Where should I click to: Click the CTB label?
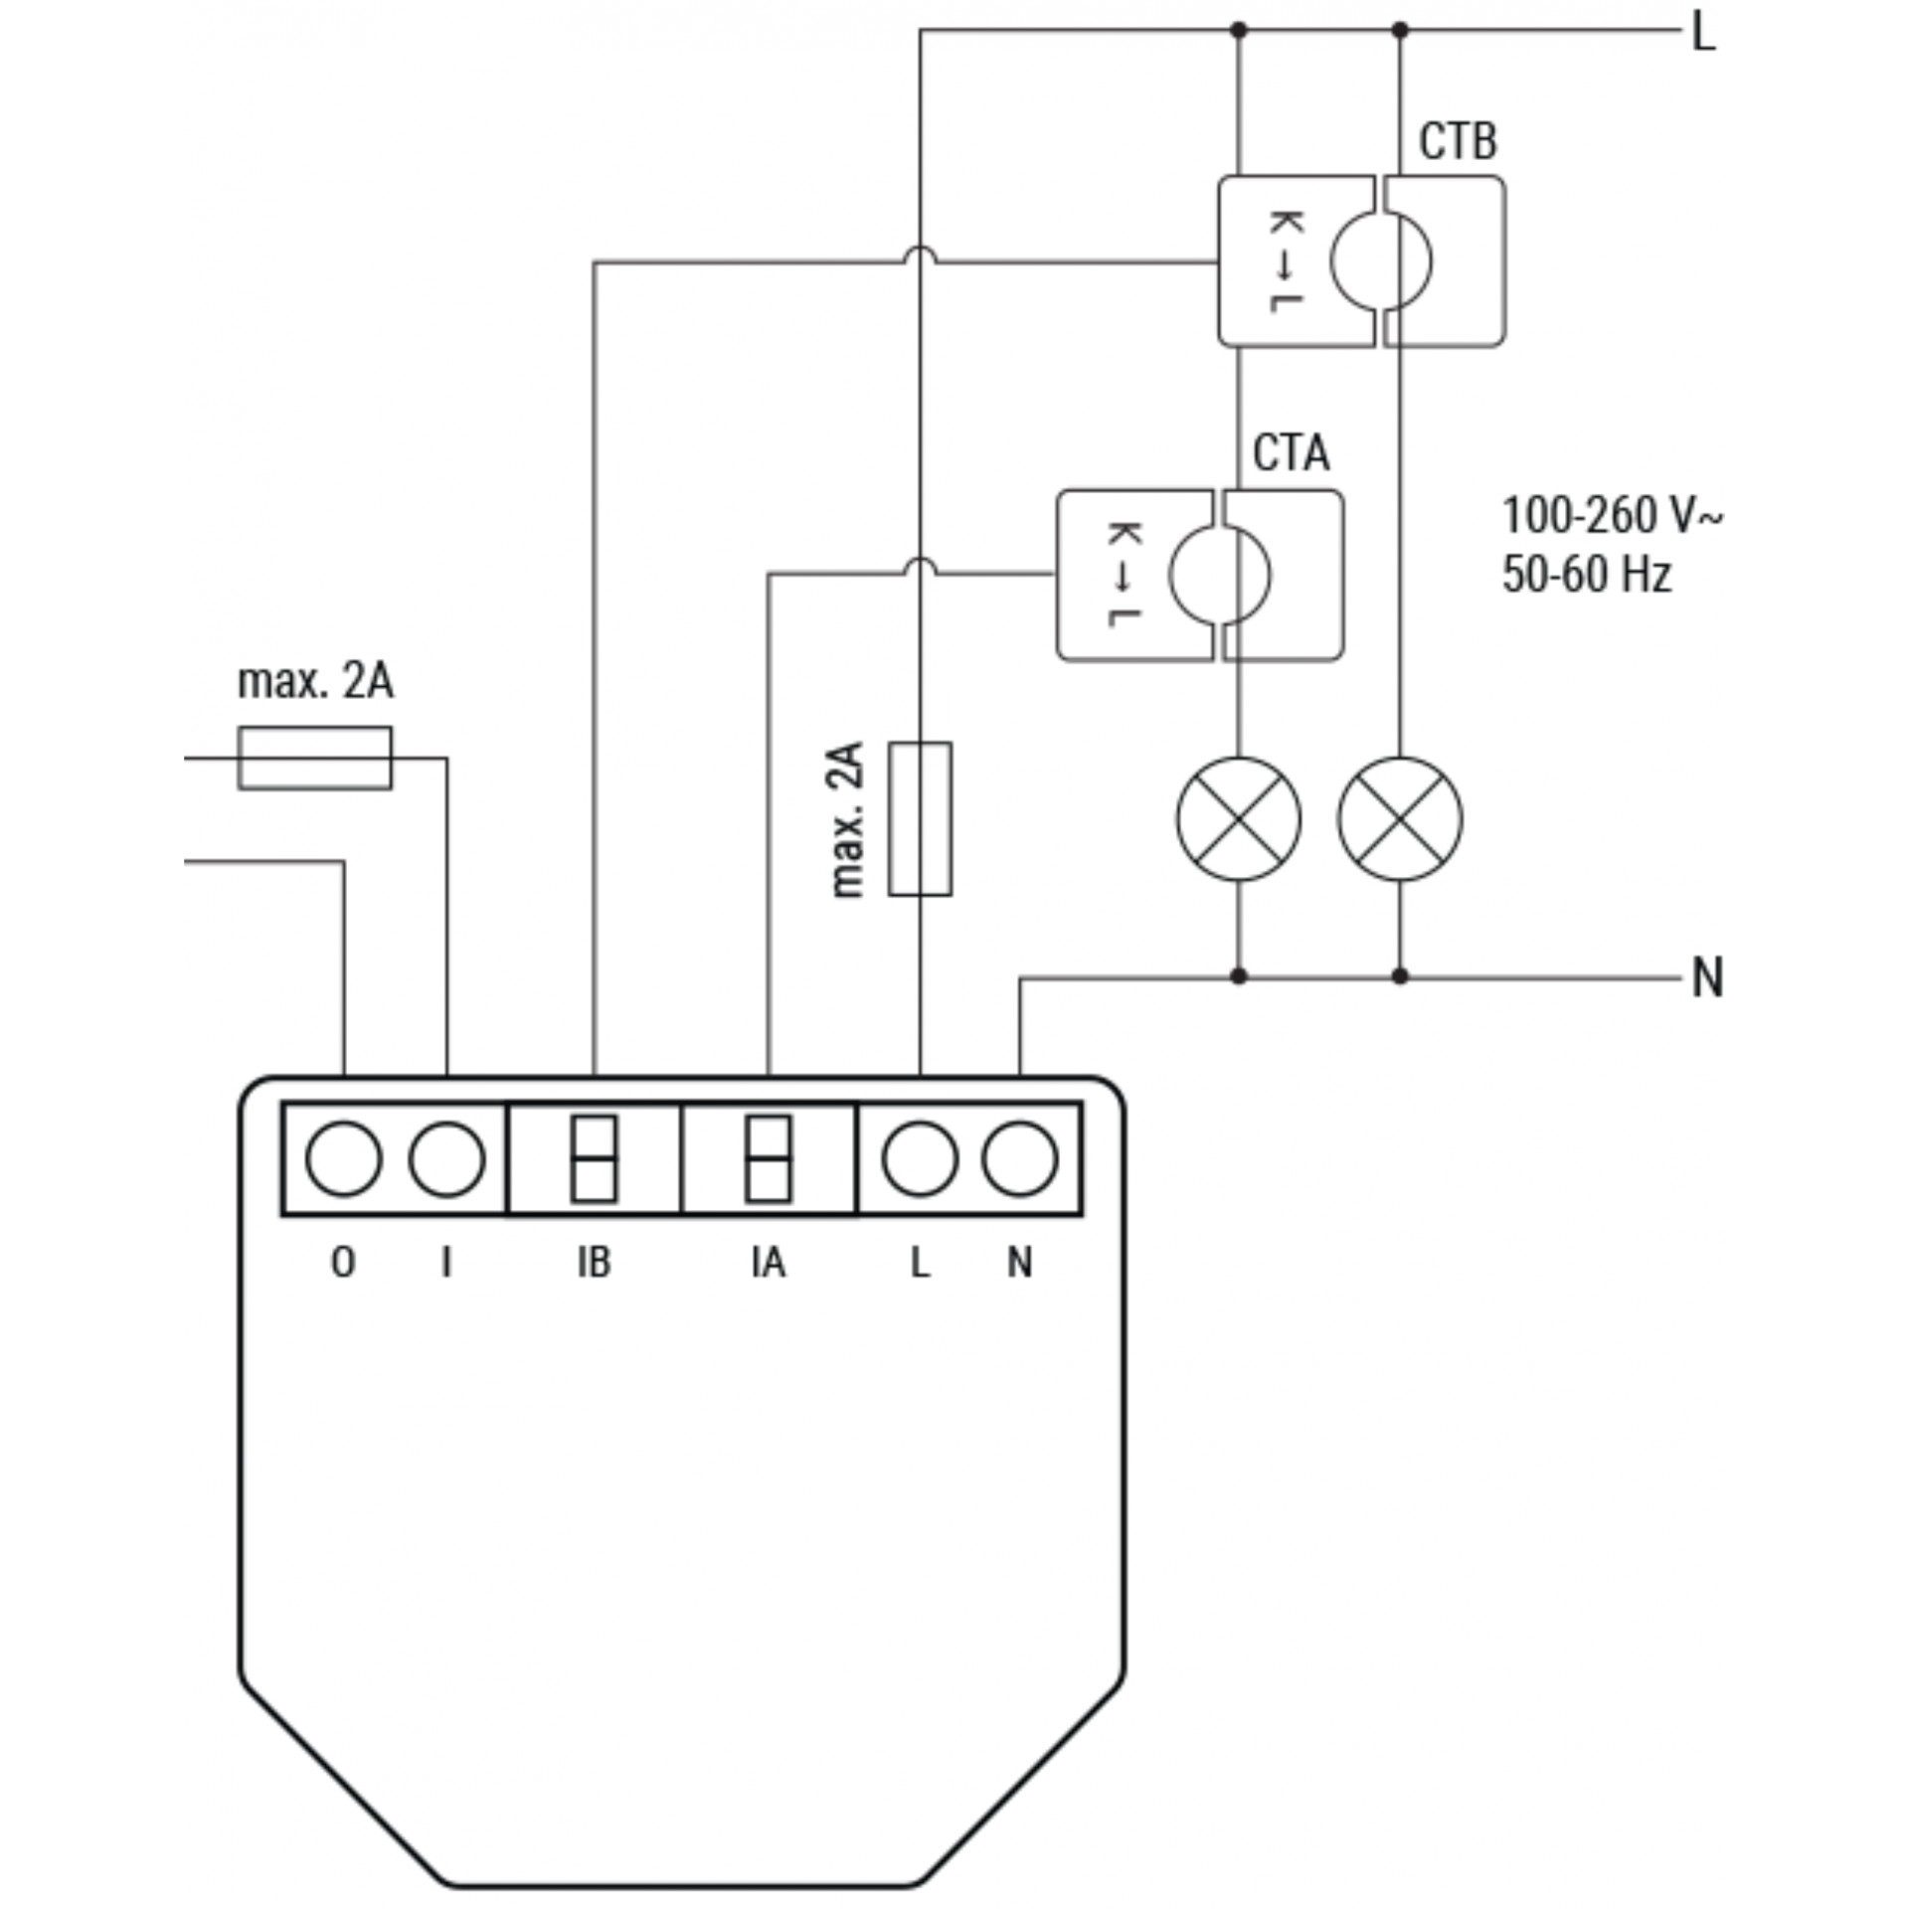coord(1457,142)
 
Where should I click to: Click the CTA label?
coord(1291,454)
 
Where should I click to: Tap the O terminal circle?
coord(343,1158)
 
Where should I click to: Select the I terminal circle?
coord(446,1158)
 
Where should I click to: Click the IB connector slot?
coord(595,1158)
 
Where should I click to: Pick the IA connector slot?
coord(769,1158)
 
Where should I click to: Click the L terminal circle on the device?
coord(920,1158)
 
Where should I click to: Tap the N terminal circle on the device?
coord(1020,1158)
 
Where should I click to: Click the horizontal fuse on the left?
coord(314,759)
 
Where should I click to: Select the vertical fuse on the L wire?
coord(920,818)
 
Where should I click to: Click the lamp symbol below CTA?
coord(1238,818)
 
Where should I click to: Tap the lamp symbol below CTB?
coord(1400,818)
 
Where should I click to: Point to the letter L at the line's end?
coord(1704,34)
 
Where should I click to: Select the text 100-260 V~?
coord(1612,516)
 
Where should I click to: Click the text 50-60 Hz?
coord(1587,574)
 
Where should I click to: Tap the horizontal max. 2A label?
coord(315,681)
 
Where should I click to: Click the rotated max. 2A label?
coord(846,818)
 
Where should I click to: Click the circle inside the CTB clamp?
coord(1382,260)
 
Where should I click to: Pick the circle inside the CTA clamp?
coord(1220,575)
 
